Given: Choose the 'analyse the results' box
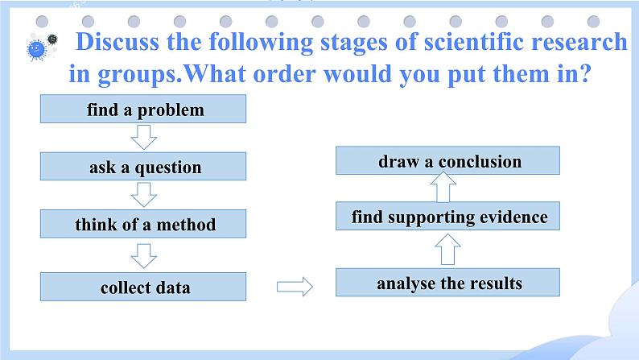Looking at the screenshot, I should (x=448, y=283).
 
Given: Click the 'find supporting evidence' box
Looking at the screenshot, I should (x=448, y=217).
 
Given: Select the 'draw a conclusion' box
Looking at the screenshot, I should (x=448, y=161).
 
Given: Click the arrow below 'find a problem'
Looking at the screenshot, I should (x=144, y=138).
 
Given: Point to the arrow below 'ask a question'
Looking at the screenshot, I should (x=144, y=196).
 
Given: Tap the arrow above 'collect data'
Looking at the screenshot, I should (x=144, y=255).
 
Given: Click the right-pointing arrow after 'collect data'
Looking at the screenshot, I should (x=293, y=285).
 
